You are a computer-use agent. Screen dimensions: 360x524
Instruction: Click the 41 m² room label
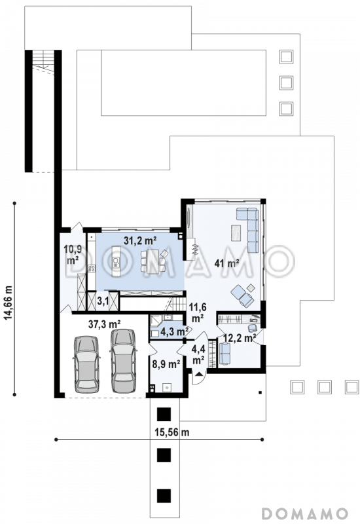pyautogui.click(x=226, y=263)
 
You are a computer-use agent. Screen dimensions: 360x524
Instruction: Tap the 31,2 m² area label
pyautogui.click(x=140, y=240)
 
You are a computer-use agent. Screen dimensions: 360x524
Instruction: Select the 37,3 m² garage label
pyautogui.click(x=104, y=324)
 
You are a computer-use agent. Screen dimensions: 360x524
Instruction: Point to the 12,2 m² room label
pyautogui.click(x=240, y=338)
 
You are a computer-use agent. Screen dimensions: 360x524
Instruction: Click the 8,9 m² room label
pyautogui.click(x=166, y=364)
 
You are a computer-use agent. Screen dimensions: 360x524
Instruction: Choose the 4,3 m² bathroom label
pyautogui.click(x=174, y=332)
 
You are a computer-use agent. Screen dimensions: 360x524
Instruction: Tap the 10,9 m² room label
pyautogui.click(x=73, y=254)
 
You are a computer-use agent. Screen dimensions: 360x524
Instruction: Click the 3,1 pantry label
pyautogui.click(x=103, y=301)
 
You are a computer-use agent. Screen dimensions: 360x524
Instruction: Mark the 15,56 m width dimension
pyautogui.click(x=172, y=432)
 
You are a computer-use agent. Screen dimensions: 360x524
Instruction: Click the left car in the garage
pyautogui.click(x=86, y=364)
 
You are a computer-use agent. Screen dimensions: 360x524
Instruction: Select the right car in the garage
pyautogui.click(x=123, y=361)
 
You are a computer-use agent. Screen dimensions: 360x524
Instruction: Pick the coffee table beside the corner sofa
pyautogui.click(x=236, y=233)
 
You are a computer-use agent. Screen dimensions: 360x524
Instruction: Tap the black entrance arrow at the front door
pyautogui.click(x=199, y=374)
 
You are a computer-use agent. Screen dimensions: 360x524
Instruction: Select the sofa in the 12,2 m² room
pyautogui.click(x=225, y=354)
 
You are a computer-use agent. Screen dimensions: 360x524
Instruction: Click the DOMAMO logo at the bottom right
pyautogui.click(x=304, y=514)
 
